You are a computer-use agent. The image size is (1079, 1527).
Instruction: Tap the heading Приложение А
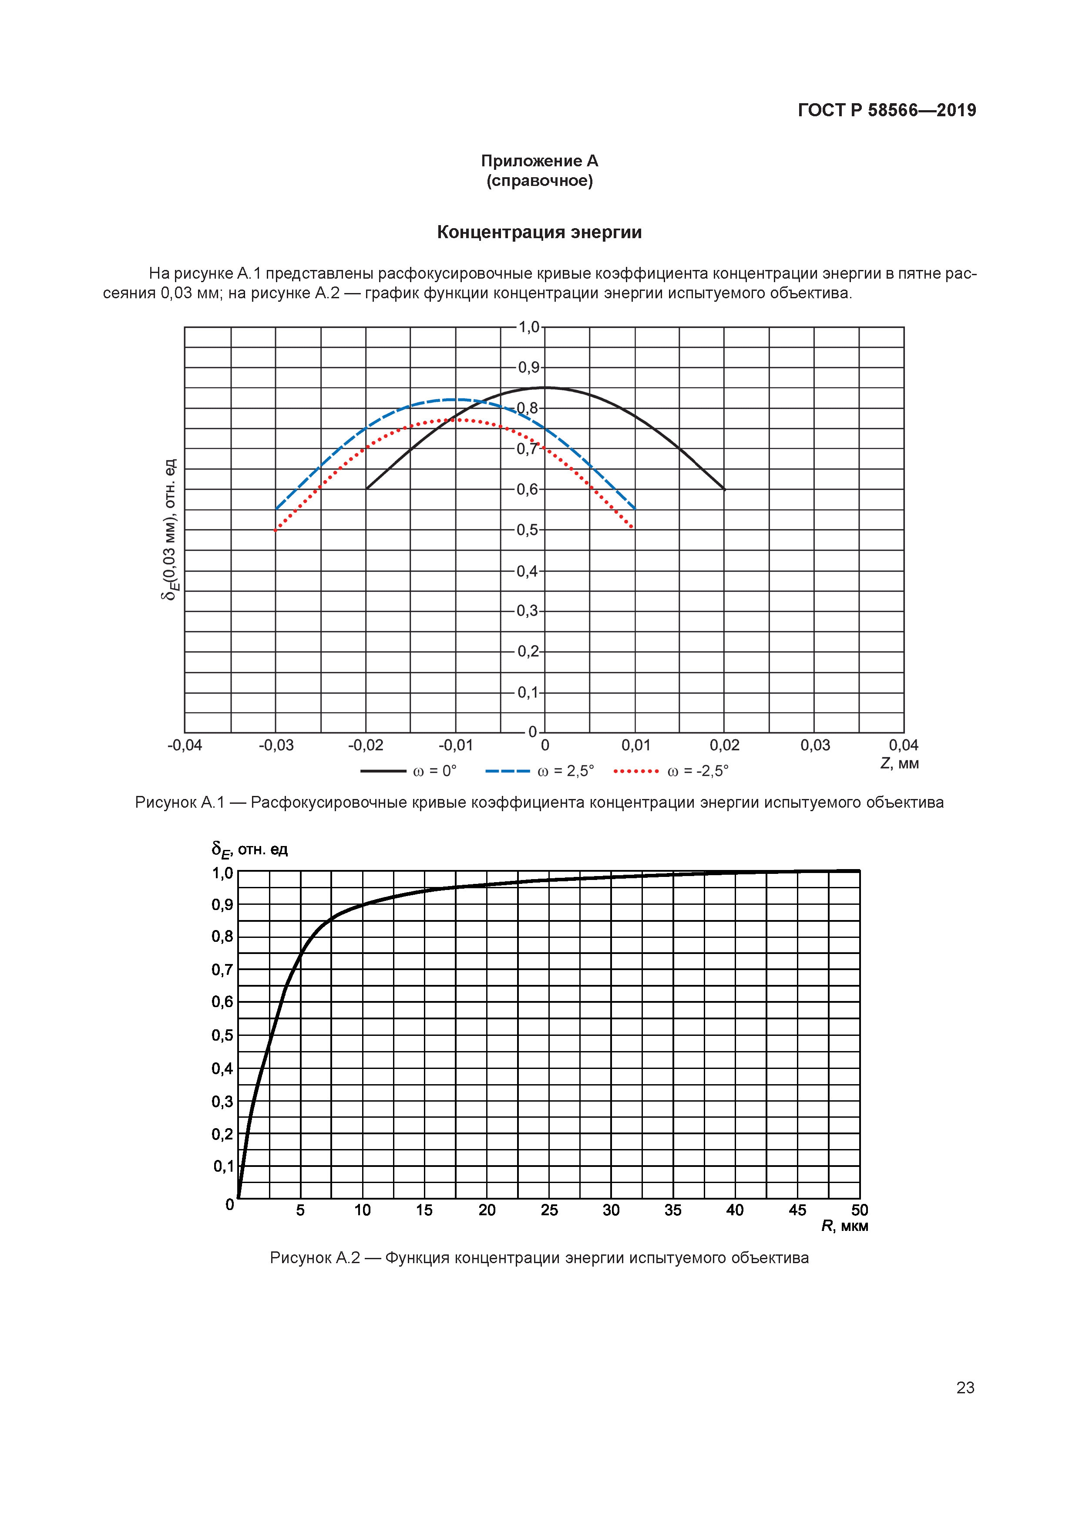pyautogui.click(x=539, y=161)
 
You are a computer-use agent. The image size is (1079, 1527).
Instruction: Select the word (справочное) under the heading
pyautogui.click(x=539, y=181)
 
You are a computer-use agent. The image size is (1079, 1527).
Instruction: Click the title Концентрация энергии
pyautogui.click(x=539, y=232)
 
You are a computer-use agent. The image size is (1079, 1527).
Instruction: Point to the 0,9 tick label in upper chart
pyautogui.click(x=528, y=367)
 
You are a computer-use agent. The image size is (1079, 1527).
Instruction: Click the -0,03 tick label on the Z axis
pyautogui.click(x=276, y=745)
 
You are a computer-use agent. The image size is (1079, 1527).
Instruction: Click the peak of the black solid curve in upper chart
pyautogui.click(x=545, y=388)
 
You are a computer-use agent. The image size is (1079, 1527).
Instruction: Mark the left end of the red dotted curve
pyautogui.click(x=276, y=530)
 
